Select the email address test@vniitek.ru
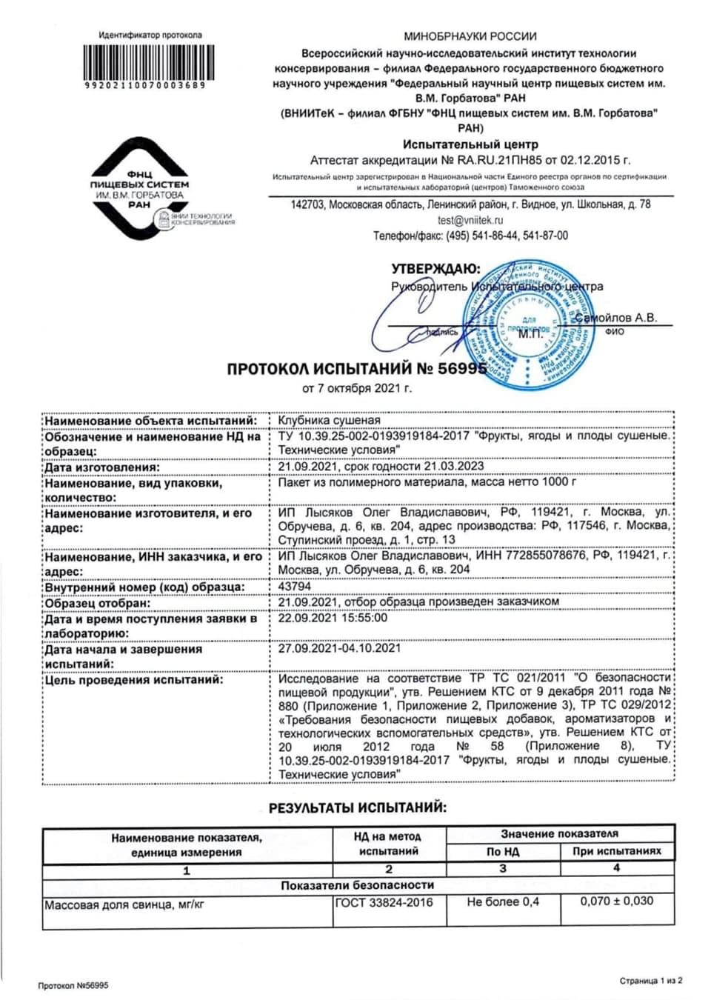tap(470, 220)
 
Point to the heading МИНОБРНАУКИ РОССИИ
tap(470, 36)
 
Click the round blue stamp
tap(528, 320)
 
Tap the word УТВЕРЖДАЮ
tap(435, 269)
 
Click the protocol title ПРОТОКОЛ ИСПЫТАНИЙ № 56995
tap(357, 369)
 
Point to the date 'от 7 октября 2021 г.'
tap(357, 388)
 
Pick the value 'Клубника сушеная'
tap(329, 420)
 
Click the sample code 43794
tap(294, 586)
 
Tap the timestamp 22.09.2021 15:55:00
tap(333, 618)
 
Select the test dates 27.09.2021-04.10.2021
tap(339, 648)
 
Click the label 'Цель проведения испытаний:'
tap(133, 679)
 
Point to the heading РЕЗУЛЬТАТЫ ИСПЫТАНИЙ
tap(357, 807)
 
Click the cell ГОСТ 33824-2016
tap(384, 902)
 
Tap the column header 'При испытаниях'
tap(616, 851)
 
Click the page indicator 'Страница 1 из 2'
tap(651, 980)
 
